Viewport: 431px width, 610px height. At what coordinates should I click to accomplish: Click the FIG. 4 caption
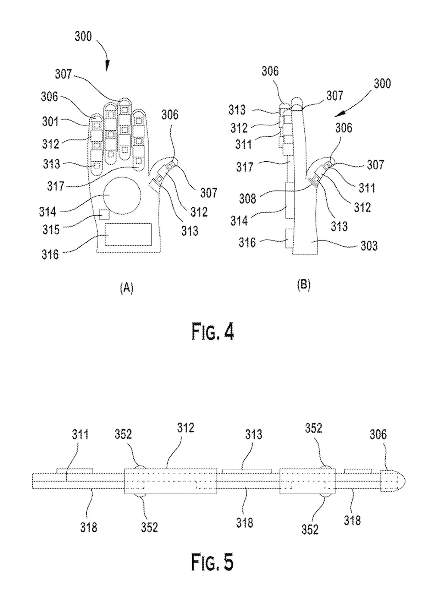click(213, 332)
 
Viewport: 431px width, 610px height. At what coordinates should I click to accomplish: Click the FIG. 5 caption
click(213, 563)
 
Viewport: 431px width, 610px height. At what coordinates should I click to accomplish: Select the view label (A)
click(126, 288)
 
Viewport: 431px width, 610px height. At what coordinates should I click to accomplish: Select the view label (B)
click(303, 285)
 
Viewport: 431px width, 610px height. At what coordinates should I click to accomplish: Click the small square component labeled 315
click(104, 213)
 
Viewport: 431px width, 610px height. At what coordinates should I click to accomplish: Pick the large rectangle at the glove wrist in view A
click(128, 235)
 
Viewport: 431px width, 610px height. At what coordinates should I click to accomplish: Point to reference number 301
click(50, 122)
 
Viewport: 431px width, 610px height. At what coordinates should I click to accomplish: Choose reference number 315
click(50, 228)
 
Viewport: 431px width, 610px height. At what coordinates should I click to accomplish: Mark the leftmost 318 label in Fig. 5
click(88, 526)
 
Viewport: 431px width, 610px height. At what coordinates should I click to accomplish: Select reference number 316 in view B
click(247, 243)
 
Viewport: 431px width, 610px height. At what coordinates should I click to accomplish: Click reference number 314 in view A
click(47, 211)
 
